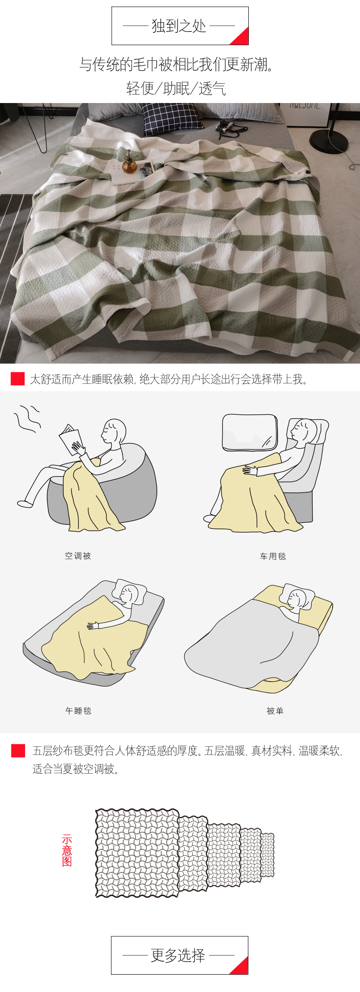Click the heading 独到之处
(179, 26)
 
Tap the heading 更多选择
(178, 955)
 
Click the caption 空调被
(78, 556)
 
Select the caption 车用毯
(273, 556)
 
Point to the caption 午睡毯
(78, 711)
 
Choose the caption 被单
(275, 711)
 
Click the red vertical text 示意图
(67, 850)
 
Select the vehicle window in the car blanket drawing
(249, 432)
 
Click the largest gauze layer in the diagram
(137, 853)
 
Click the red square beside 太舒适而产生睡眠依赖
(18, 378)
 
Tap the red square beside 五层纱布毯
(18, 750)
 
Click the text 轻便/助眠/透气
(176, 88)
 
